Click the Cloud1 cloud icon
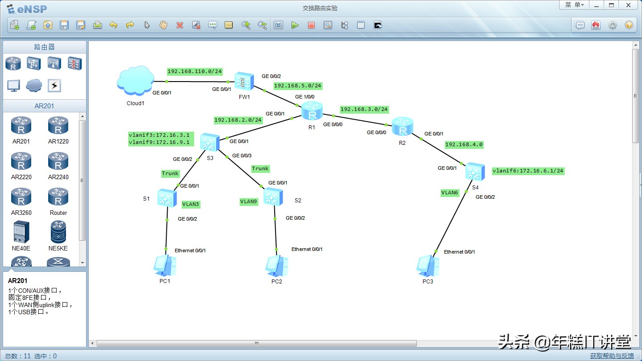(x=134, y=81)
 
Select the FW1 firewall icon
(x=244, y=81)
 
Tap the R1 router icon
(x=312, y=111)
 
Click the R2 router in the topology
(x=403, y=127)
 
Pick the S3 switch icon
(x=210, y=143)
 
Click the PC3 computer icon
(x=428, y=266)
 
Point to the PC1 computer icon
(x=165, y=266)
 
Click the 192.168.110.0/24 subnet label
(x=194, y=71)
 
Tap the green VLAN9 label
(x=249, y=201)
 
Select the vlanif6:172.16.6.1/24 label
(x=528, y=171)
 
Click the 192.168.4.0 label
(x=464, y=144)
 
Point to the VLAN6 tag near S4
(x=449, y=193)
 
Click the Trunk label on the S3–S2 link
(x=260, y=168)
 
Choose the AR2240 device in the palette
(x=58, y=165)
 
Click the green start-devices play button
(x=295, y=25)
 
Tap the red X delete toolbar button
(x=180, y=25)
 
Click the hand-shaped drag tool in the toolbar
(x=163, y=25)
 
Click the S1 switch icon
(x=167, y=197)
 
